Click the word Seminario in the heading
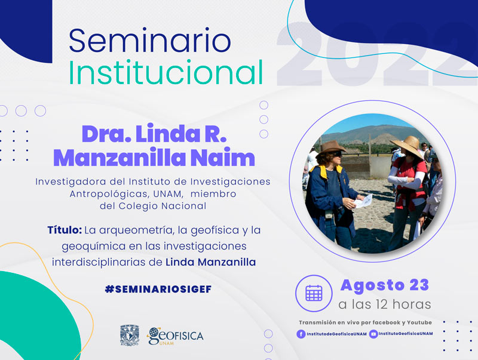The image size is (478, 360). (150, 41)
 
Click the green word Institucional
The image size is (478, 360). (166, 72)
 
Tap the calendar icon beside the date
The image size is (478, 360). (314, 293)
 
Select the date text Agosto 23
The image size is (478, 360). (385, 285)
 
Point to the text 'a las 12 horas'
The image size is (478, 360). (385, 304)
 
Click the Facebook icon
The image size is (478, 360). (301, 334)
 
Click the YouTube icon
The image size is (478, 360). (373, 334)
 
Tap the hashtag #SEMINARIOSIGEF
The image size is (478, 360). (158, 289)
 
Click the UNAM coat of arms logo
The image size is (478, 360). (130, 336)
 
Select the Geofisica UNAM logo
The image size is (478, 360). (175, 336)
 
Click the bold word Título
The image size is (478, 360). (65, 230)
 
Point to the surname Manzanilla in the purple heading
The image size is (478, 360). (119, 158)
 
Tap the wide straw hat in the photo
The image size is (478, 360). (407, 146)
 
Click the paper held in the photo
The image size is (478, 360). (363, 201)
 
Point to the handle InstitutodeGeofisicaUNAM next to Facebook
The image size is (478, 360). (336, 334)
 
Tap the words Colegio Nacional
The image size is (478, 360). (162, 206)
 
